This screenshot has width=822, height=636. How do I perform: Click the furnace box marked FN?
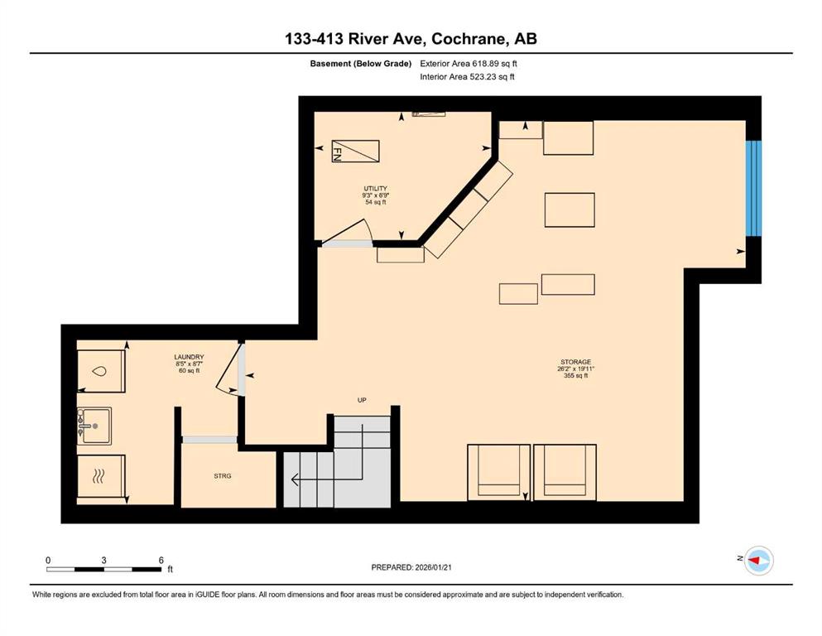[x=355, y=151]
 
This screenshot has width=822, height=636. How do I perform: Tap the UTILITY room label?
[x=375, y=188]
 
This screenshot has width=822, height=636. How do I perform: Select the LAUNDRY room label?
[x=190, y=357]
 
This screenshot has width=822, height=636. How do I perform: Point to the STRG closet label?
[x=223, y=476]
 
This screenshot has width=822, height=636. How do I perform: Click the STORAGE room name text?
[x=575, y=362]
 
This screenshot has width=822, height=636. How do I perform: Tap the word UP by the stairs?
[x=362, y=400]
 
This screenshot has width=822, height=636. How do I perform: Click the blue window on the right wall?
[x=753, y=188]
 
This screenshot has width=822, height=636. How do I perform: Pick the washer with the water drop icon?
[x=101, y=371]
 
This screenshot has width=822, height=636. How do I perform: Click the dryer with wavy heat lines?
[x=101, y=476]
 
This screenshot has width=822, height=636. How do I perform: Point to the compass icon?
[x=759, y=561]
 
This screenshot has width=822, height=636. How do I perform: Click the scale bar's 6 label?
[x=161, y=560]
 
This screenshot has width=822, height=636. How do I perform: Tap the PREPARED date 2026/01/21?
[x=433, y=567]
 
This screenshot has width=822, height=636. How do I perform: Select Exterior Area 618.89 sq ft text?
[x=469, y=64]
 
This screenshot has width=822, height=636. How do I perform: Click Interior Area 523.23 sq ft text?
[x=467, y=76]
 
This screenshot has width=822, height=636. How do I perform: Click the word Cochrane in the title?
[x=469, y=39]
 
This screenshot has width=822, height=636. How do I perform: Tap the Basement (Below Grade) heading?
[x=361, y=64]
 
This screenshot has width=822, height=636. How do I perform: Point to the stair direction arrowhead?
[x=295, y=479]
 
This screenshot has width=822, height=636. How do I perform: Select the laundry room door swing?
[x=228, y=367]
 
